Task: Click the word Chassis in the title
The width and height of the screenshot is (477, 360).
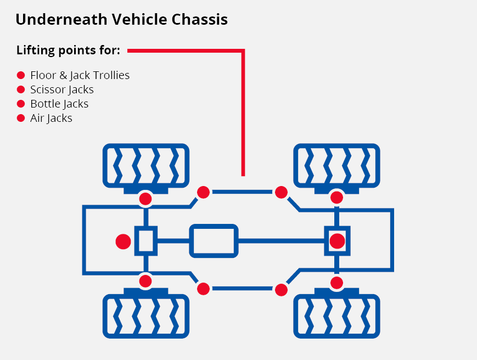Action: click(x=200, y=20)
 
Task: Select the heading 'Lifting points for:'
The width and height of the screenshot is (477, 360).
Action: click(x=68, y=51)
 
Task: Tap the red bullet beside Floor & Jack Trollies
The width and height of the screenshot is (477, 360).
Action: click(x=21, y=75)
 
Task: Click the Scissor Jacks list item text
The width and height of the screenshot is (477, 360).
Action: click(x=62, y=89)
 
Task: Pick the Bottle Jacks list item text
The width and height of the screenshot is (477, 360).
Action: click(x=59, y=104)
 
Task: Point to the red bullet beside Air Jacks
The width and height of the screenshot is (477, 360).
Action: click(x=21, y=117)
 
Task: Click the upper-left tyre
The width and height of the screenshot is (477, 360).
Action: click(x=145, y=165)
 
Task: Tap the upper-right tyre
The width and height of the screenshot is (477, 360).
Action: click(x=336, y=165)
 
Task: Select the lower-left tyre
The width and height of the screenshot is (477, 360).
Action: click(x=145, y=316)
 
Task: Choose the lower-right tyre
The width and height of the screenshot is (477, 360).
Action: click(x=336, y=316)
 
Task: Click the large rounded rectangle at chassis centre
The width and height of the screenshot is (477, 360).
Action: click(x=214, y=241)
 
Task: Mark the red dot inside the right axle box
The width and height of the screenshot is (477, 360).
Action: click(x=337, y=241)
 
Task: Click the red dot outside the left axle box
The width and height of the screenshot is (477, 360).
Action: click(x=124, y=241)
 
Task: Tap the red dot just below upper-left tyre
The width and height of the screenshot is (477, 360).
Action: click(x=145, y=198)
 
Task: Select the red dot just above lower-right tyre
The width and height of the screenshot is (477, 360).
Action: click(x=337, y=282)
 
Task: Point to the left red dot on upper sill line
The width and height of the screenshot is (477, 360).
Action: click(x=204, y=192)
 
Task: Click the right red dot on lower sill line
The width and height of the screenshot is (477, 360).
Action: click(x=281, y=289)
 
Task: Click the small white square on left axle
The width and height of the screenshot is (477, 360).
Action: click(x=145, y=241)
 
